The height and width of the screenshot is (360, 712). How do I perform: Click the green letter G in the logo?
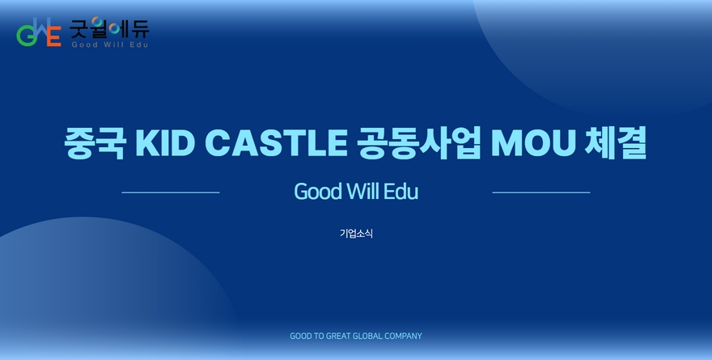[25, 36]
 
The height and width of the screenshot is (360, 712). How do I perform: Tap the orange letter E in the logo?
[53, 36]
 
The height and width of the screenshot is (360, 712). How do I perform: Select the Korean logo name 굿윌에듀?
[109, 28]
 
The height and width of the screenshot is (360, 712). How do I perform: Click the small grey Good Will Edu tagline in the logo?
[110, 44]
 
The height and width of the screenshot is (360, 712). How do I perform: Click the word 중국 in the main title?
[95, 143]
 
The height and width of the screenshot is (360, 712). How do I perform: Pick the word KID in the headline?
[165, 142]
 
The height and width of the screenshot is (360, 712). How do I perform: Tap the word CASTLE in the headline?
[276, 142]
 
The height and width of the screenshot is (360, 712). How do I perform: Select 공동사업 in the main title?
[418, 143]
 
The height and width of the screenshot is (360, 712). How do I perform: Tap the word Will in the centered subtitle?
[363, 191]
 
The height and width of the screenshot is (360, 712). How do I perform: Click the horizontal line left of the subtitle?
[171, 193]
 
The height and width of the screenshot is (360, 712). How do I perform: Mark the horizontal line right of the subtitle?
[541, 193]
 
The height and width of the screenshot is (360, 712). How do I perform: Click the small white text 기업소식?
[357, 233]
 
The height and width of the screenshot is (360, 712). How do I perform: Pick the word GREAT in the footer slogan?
[338, 336]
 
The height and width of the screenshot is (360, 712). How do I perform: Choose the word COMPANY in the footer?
[403, 336]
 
